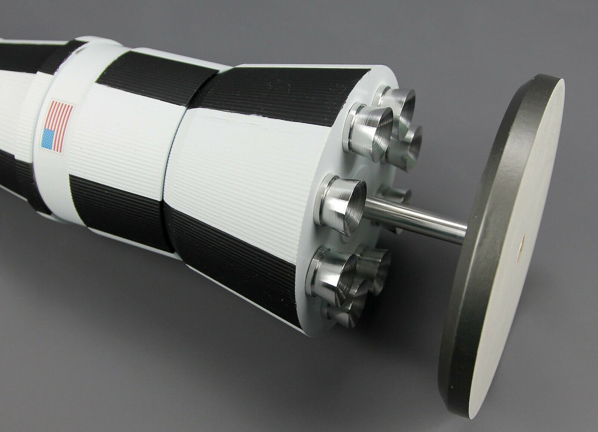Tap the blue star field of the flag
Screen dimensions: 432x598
pos(48,139)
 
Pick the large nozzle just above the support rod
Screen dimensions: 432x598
pos(344,204)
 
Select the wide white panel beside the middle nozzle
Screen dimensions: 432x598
pos(247,173)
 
